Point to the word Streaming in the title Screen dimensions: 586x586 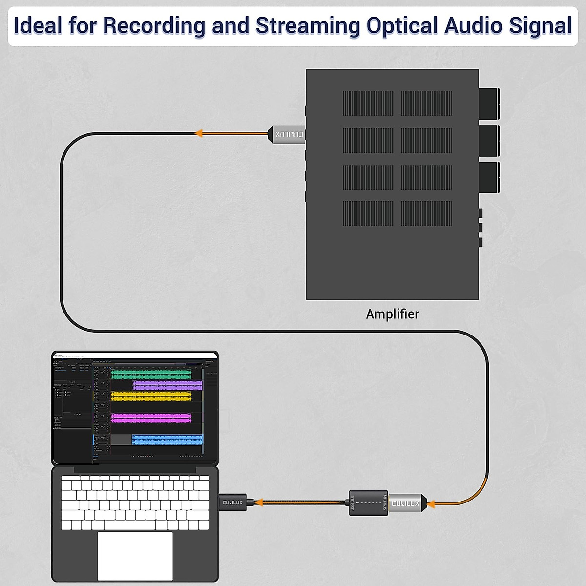(308, 26)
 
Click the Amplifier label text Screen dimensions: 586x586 (392, 314)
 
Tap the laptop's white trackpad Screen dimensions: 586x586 (135, 555)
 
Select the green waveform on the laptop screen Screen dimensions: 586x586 (151, 375)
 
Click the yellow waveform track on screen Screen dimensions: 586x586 (151, 396)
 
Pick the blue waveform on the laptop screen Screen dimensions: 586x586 (167, 440)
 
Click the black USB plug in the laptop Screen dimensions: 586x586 (233, 502)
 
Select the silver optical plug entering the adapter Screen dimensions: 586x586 (406, 503)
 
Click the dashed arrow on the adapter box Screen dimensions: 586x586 (369, 503)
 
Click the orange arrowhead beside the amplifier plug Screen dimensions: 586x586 (199, 133)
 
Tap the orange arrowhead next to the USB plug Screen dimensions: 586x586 (259, 502)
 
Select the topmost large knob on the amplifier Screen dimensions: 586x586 (488, 104)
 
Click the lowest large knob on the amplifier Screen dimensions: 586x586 (488, 177)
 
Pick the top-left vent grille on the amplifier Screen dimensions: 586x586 (367, 103)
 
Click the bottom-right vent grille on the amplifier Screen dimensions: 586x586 (426, 213)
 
